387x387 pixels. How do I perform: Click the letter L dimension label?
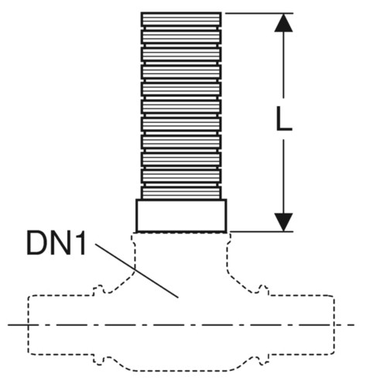pos(283,118)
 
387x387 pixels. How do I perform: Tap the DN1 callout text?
pos(56,243)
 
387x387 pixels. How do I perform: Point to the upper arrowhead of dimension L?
pos(283,22)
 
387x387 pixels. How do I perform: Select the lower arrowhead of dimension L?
pos(283,222)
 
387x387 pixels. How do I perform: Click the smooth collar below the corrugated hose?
pos(181,215)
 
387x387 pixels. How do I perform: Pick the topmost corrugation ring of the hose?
pos(181,19)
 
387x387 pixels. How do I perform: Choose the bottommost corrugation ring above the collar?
pos(181,193)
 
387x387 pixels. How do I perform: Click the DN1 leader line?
pos(137,271)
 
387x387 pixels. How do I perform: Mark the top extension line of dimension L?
pos(259,13)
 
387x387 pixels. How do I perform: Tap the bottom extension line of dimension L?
pos(262,231)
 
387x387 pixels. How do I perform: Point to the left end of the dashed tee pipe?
pos(29,324)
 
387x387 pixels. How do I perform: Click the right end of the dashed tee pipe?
pos(334,324)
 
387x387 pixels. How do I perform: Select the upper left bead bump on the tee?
pos(99,289)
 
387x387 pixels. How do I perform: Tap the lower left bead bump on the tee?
pos(99,361)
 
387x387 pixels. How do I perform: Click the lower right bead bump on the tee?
pos(262,361)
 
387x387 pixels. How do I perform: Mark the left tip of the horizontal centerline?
pos(9,325)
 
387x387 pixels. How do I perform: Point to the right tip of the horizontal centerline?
pos(354,325)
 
